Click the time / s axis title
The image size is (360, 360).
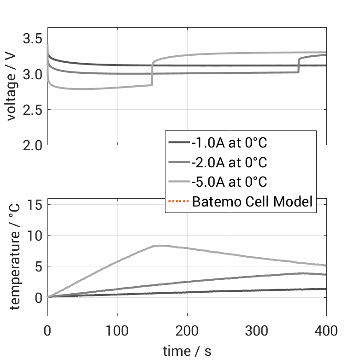187,351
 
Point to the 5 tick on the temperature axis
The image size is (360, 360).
39,266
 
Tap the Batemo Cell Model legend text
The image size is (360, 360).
252,201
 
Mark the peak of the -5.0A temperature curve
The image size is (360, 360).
158,245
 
